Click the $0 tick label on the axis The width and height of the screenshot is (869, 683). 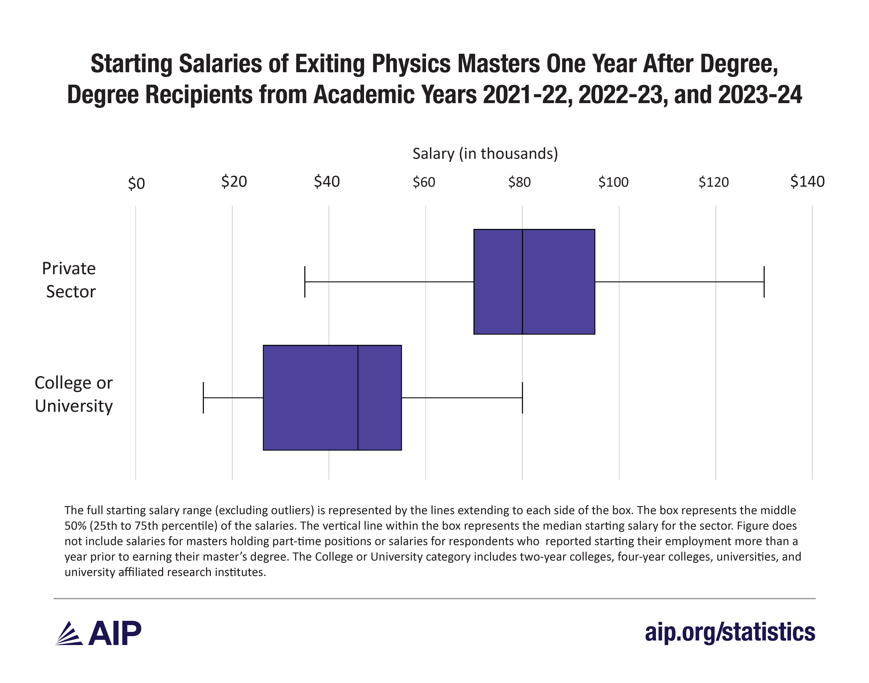136,184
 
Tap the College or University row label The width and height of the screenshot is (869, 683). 74,394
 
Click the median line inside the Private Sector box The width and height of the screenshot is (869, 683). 522,282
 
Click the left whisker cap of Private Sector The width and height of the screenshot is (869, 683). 305,282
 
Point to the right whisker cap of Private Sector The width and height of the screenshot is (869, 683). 764,282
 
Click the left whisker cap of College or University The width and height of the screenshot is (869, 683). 204,398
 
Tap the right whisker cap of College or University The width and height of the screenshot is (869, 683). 522,398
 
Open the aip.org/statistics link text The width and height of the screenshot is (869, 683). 730,632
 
